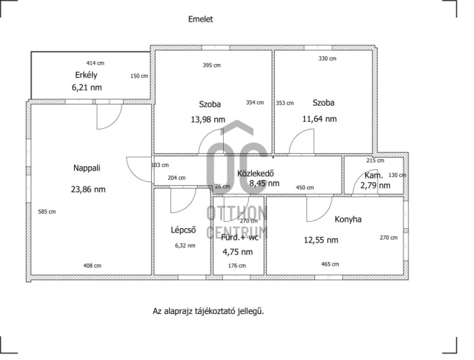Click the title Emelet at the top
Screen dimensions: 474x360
coord(201,19)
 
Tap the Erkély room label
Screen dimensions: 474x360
coord(86,75)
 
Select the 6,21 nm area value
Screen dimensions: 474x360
coord(87,88)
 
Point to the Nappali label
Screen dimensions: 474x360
coord(87,168)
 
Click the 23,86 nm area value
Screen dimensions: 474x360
coord(88,189)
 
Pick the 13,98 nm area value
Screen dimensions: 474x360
coord(208,120)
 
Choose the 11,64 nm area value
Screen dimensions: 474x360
coord(319,119)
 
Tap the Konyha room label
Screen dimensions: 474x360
coord(348,220)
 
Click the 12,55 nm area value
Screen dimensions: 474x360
coord(321,240)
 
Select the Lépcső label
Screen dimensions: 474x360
coord(183,230)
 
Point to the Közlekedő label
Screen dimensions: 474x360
coord(255,174)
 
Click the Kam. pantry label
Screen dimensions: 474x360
coord(373,175)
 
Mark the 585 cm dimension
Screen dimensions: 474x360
coord(47,212)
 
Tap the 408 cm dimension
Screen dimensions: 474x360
coord(92,266)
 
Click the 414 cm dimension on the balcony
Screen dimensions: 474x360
coord(95,63)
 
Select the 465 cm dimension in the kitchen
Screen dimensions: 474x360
coord(330,264)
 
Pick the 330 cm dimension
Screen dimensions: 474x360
coord(327,58)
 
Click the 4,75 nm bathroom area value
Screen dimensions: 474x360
coord(237,252)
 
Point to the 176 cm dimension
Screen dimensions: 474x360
coord(237,266)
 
